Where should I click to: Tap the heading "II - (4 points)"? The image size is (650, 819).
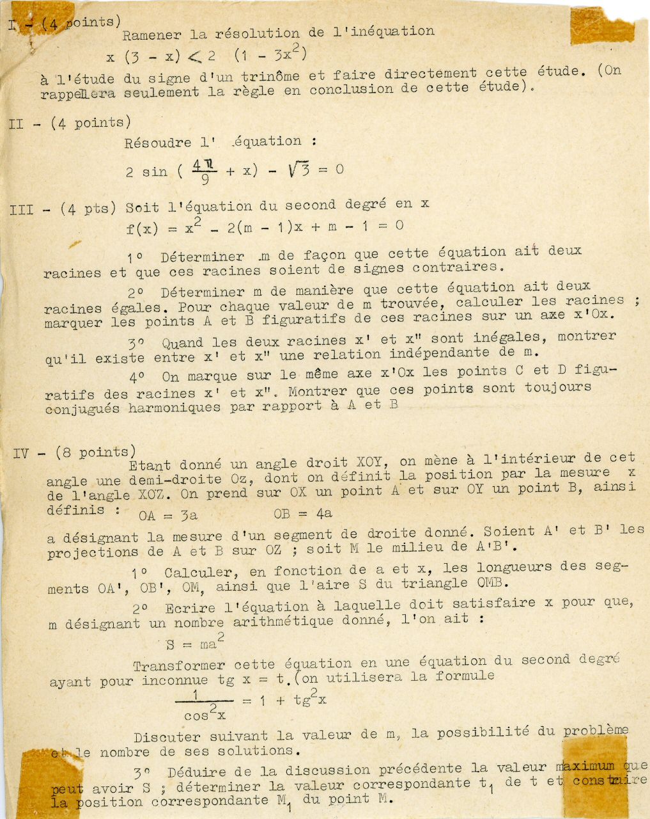click(70, 123)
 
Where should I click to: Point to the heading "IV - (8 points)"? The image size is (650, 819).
click(74, 453)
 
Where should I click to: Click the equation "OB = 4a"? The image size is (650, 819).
click(302, 513)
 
